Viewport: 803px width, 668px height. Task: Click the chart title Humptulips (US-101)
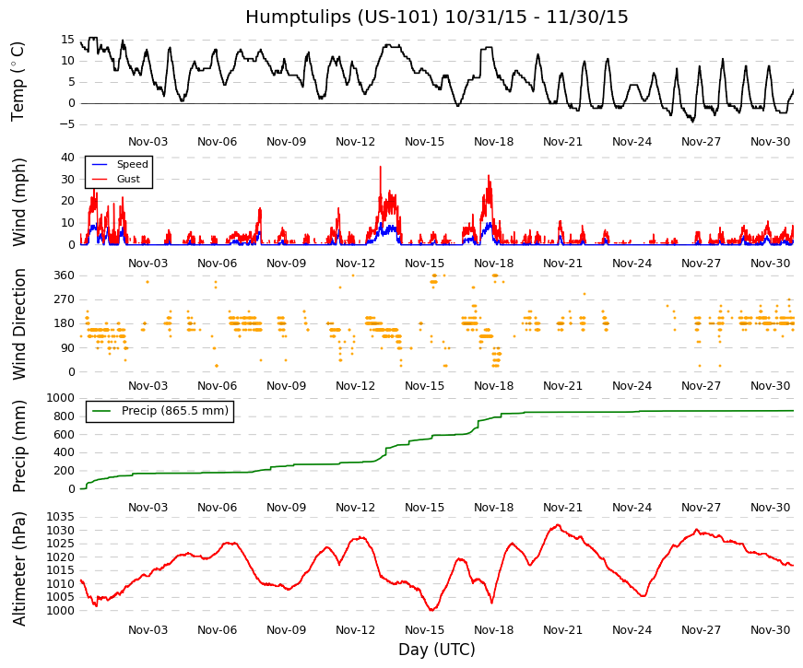(x=342, y=17)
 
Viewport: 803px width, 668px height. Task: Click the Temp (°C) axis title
(x=18, y=81)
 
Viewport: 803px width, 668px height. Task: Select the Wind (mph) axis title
(x=18, y=202)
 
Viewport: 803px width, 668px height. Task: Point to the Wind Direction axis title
(x=19, y=324)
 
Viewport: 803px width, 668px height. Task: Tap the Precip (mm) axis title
(x=18, y=446)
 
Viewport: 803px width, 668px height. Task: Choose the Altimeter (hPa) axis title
(x=18, y=568)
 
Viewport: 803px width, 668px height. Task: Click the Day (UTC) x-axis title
(x=437, y=650)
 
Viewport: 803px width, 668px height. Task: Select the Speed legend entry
(x=132, y=164)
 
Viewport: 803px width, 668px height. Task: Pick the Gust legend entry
(x=128, y=179)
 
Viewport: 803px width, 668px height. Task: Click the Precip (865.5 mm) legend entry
(x=174, y=411)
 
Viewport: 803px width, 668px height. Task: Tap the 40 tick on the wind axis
(x=67, y=158)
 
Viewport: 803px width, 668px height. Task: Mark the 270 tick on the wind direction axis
(x=65, y=299)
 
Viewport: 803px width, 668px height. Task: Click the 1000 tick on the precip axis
(x=61, y=398)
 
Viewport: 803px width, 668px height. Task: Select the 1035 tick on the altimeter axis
(x=61, y=517)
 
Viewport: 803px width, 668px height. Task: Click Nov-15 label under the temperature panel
(x=424, y=142)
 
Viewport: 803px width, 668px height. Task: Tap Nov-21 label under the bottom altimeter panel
(x=562, y=630)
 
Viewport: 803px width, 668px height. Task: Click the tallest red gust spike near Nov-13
(x=381, y=168)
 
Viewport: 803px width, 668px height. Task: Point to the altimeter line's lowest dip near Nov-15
(x=431, y=610)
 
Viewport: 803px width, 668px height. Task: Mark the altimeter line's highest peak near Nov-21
(x=558, y=524)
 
